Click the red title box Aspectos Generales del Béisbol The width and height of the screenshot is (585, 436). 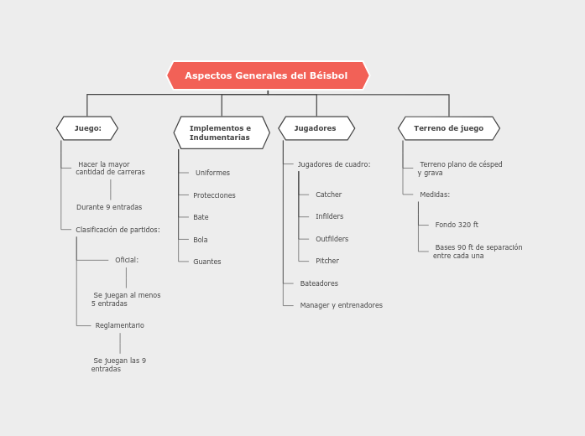click(267, 75)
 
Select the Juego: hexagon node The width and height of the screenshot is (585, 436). click(87, 128)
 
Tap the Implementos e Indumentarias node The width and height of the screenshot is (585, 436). click(221, 132)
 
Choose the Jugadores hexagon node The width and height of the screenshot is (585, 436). click(316, 128)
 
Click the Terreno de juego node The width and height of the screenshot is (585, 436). click(448, 128)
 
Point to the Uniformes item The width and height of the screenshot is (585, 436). click(212, 173)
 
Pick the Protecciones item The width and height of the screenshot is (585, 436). click(214, 195)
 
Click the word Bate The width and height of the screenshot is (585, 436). click(201, 217)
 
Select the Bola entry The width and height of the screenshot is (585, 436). click(200, 240)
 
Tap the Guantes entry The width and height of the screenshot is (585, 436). click(206, 262)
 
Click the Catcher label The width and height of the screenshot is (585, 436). click(328, 195)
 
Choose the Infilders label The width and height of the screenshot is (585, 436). click(329, 216)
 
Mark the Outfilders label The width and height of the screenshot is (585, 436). click(332, 239)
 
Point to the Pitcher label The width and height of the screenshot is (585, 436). click(326, 261)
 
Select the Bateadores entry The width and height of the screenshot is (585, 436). click(319, 283)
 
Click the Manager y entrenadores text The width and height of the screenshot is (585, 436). click(341, 305)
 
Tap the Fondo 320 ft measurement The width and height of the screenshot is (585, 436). click(457, 225)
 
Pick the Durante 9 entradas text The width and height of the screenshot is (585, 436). click(109, 207)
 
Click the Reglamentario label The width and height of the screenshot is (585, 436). click(119, 325)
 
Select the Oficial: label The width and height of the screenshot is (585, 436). click(127, 260)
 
